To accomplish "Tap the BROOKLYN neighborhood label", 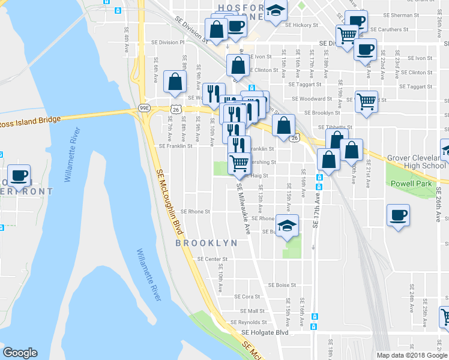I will pyautogui.click(x=205, y=243).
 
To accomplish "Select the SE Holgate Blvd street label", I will pyautogui.click(x=265, y=332).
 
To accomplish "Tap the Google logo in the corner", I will pyautogui.click(x=20, y=353).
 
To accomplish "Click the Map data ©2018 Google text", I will pyautogui.click(x=412, y=355).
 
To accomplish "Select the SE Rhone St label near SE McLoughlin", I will pyautogui.click(x=195, y=212).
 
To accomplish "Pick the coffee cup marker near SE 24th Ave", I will pyautogui.click(x=397, y=215).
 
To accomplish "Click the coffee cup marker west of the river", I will pyautogui.click(x=19, y=175).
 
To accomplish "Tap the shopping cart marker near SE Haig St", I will pyautogui.click(x=239, y=162).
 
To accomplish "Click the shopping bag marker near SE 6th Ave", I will pyautogui.click(x=174, y=83).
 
